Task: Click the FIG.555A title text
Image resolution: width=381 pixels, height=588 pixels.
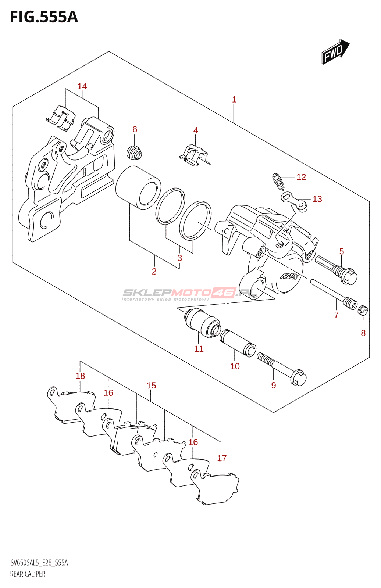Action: click(44, 17)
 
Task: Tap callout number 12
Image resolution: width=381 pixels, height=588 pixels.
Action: click(301, 177)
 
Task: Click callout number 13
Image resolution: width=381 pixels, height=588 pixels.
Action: click(317, 199)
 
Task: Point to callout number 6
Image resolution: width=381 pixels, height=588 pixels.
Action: click(135, 129)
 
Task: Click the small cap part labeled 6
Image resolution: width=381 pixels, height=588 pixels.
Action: click(134, 153)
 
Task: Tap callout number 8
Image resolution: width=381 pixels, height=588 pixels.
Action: click(363, 333)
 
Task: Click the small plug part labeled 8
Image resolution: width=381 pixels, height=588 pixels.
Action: click(363, 311)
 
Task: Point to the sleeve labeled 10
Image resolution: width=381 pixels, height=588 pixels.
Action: click(238, 343)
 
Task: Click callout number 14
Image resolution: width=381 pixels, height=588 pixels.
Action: click(82, 86)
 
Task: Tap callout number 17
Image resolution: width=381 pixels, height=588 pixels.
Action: click(222, 458)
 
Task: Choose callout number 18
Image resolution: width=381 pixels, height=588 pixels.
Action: click(80, 376)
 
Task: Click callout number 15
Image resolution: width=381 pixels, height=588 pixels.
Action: click(151, 386)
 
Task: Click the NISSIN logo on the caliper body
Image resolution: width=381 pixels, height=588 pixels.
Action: click(289, 276)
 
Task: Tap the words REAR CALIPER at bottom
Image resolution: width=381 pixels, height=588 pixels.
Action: click(28, 574)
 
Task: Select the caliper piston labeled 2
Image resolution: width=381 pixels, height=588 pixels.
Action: click(138, 187)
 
